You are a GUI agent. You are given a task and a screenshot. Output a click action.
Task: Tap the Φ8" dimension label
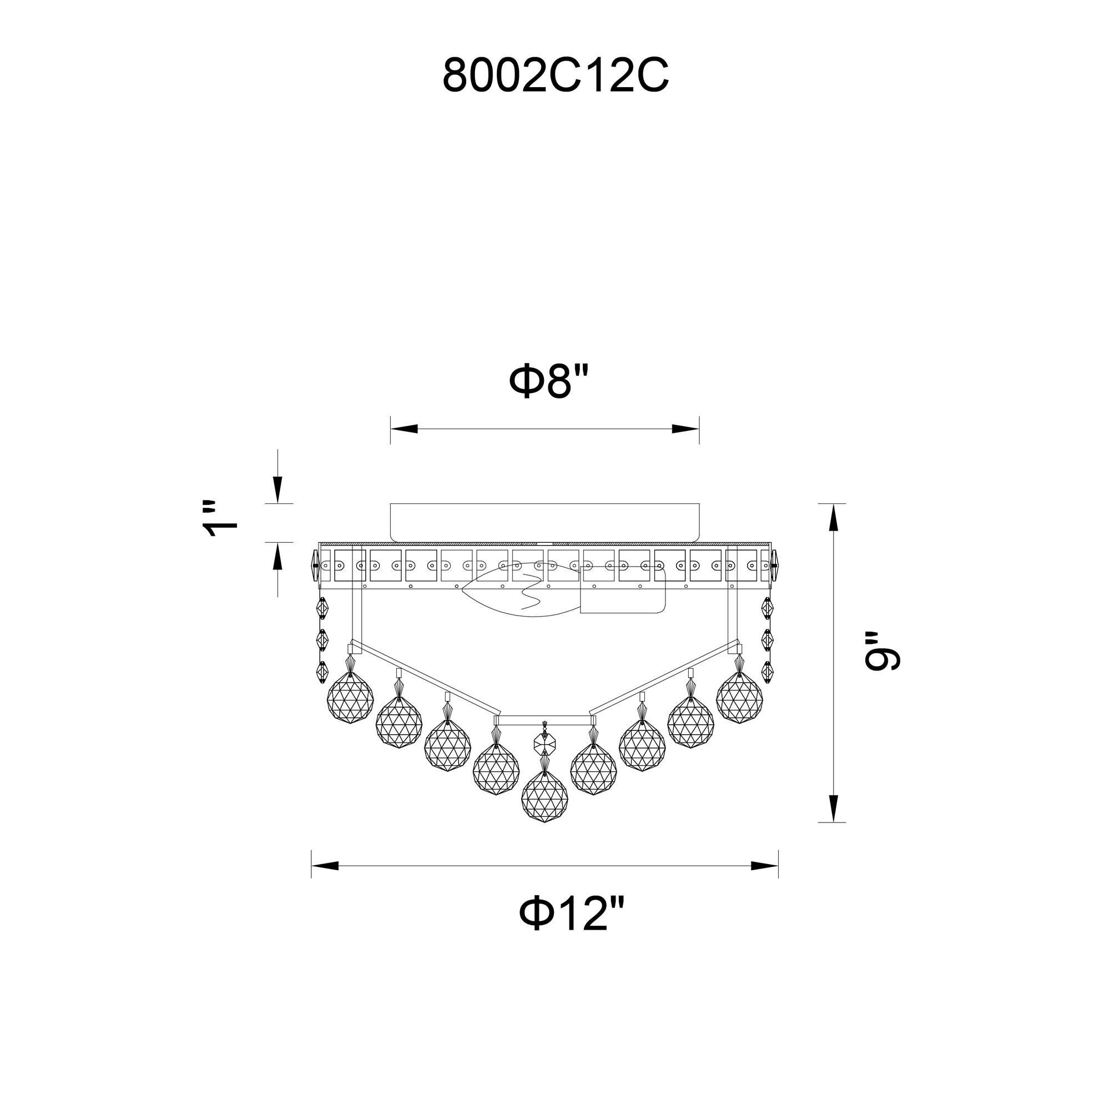(x=549, y=382)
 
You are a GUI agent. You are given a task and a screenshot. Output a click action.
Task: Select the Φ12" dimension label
(x=571, y=915)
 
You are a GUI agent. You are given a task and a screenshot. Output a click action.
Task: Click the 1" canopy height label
(x=222, y=518)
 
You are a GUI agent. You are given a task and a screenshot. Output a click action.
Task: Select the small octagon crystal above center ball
(x=544, y=743)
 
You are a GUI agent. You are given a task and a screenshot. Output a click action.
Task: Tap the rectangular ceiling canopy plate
(x=544, y=522)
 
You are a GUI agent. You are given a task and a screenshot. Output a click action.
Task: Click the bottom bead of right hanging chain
(x=767, y=671)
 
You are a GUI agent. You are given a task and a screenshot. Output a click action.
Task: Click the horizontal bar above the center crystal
(x=544, y=718)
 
